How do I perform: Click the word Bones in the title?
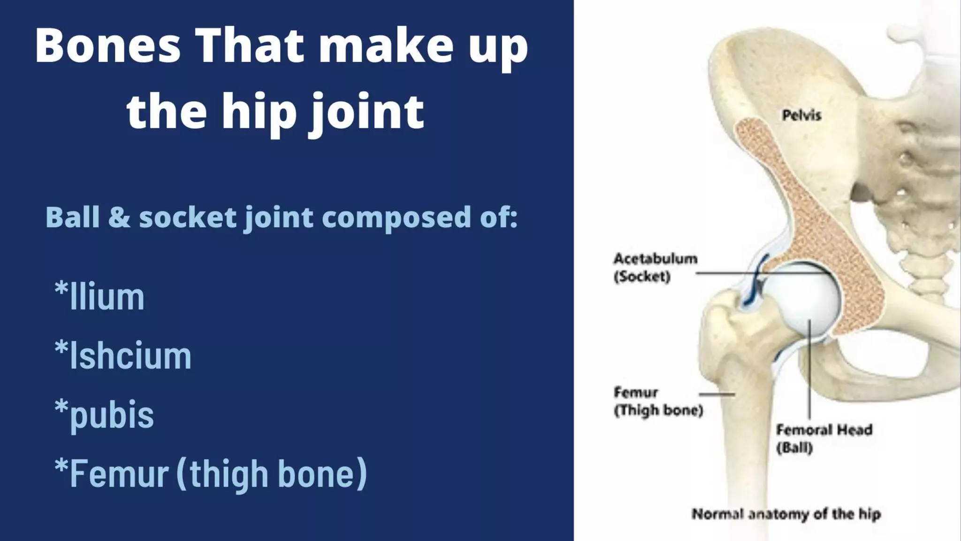(x=107, y=46)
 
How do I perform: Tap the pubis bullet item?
(x=111, y=415)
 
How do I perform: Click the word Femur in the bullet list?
(x=119, y=473)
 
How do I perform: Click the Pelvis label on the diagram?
(x=801, y=115)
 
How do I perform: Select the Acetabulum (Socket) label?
(x=655, y=267)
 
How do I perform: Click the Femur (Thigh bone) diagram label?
(x=658, y=402)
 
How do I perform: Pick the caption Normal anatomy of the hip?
(x=786, y=514)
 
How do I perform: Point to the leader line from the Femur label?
(x=717, y=394)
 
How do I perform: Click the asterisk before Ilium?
(x=61, y=288)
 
